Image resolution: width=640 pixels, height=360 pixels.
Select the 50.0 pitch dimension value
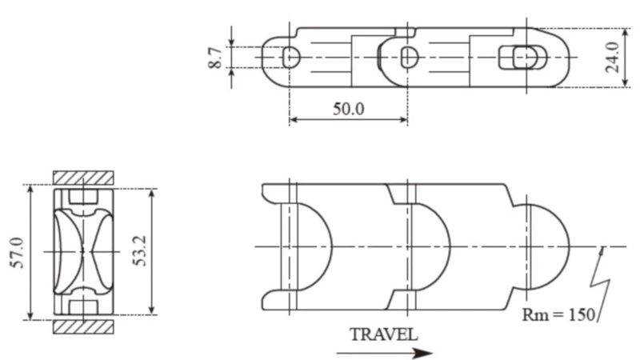click(348, 109)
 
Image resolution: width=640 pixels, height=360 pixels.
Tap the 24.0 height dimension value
click(612, 58)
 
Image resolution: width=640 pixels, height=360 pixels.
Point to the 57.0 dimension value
click(17, 252)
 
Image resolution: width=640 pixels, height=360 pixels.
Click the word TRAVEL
click(383, 334)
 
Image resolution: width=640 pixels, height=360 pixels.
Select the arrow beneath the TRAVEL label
click(392, 352)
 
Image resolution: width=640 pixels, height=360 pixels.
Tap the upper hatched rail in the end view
click(83, 177)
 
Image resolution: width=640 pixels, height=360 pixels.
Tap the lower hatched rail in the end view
click(83, 327)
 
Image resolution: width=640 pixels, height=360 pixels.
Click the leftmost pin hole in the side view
click(291, 57)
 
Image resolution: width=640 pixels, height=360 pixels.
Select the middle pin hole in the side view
click(409, 57)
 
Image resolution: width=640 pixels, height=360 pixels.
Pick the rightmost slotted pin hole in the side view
click(524, 58)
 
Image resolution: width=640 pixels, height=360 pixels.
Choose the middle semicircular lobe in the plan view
click(432, 246)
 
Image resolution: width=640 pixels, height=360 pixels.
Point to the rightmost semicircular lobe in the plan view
click(548, 246)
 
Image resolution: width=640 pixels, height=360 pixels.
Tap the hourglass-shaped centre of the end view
click(83, 251)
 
